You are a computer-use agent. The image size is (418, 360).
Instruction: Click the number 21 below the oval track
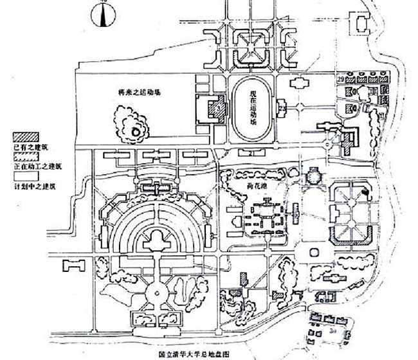253,152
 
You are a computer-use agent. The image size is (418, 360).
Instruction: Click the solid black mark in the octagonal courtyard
365,191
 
